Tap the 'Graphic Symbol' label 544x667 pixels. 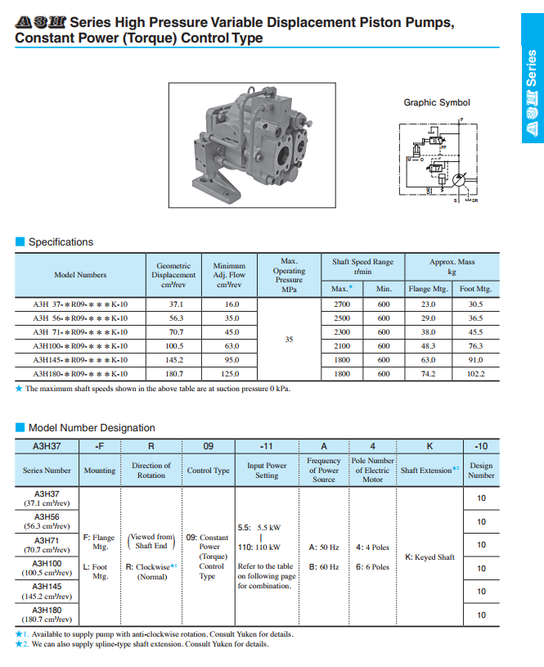(x=437, y=102)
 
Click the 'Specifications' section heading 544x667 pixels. (x=61, y=242)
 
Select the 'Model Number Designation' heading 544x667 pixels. (x=92, y=427)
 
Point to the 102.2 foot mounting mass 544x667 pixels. (x=475, y=373)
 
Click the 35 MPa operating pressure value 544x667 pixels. (x=288, y=338)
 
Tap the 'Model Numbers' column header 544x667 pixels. (x=80, y=275)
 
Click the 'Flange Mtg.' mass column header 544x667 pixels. (x=428, y=289)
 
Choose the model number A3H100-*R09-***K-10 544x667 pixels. (x=80, y=345)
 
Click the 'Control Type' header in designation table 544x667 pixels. (x=209, y=471)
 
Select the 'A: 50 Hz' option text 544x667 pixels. (x=324, y=547)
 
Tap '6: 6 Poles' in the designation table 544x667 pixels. (x=373, y=566)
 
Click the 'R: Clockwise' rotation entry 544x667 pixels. (x=151, y=566)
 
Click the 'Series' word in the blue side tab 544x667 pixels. (x=533, y=72)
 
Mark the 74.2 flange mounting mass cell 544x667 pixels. (x=428, y=373)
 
